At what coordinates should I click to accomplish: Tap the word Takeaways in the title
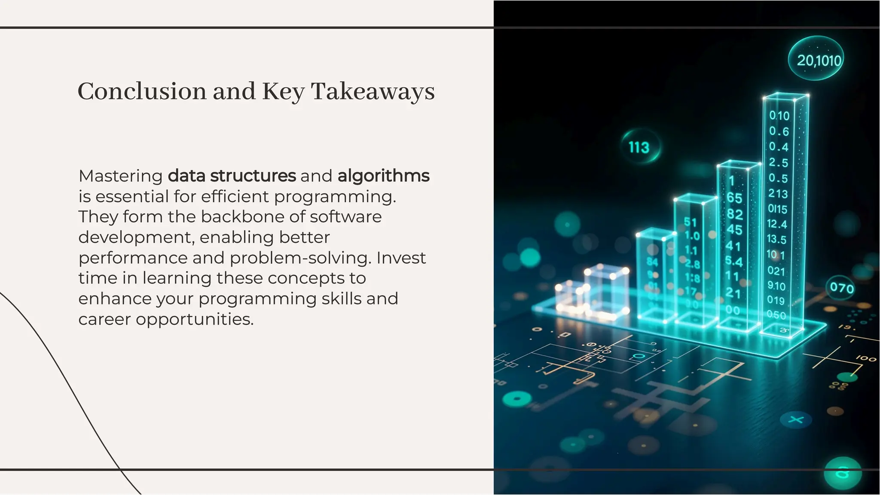373,91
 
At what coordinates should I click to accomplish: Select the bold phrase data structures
232,176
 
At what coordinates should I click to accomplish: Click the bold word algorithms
383,176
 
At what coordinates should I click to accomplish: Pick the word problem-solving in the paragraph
300,258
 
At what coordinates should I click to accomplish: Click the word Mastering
120,176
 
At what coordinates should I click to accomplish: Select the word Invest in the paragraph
401,258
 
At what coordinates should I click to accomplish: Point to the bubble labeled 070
841,288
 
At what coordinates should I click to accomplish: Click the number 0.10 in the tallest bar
779,116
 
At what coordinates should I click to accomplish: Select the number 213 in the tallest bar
778,194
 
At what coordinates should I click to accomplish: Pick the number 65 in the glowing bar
734,198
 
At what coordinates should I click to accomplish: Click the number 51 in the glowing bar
690,222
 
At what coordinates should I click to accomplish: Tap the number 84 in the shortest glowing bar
652,261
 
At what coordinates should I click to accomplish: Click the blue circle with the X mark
796,419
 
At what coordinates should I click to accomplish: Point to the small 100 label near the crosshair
865,358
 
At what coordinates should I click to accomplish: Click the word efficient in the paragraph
235,197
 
